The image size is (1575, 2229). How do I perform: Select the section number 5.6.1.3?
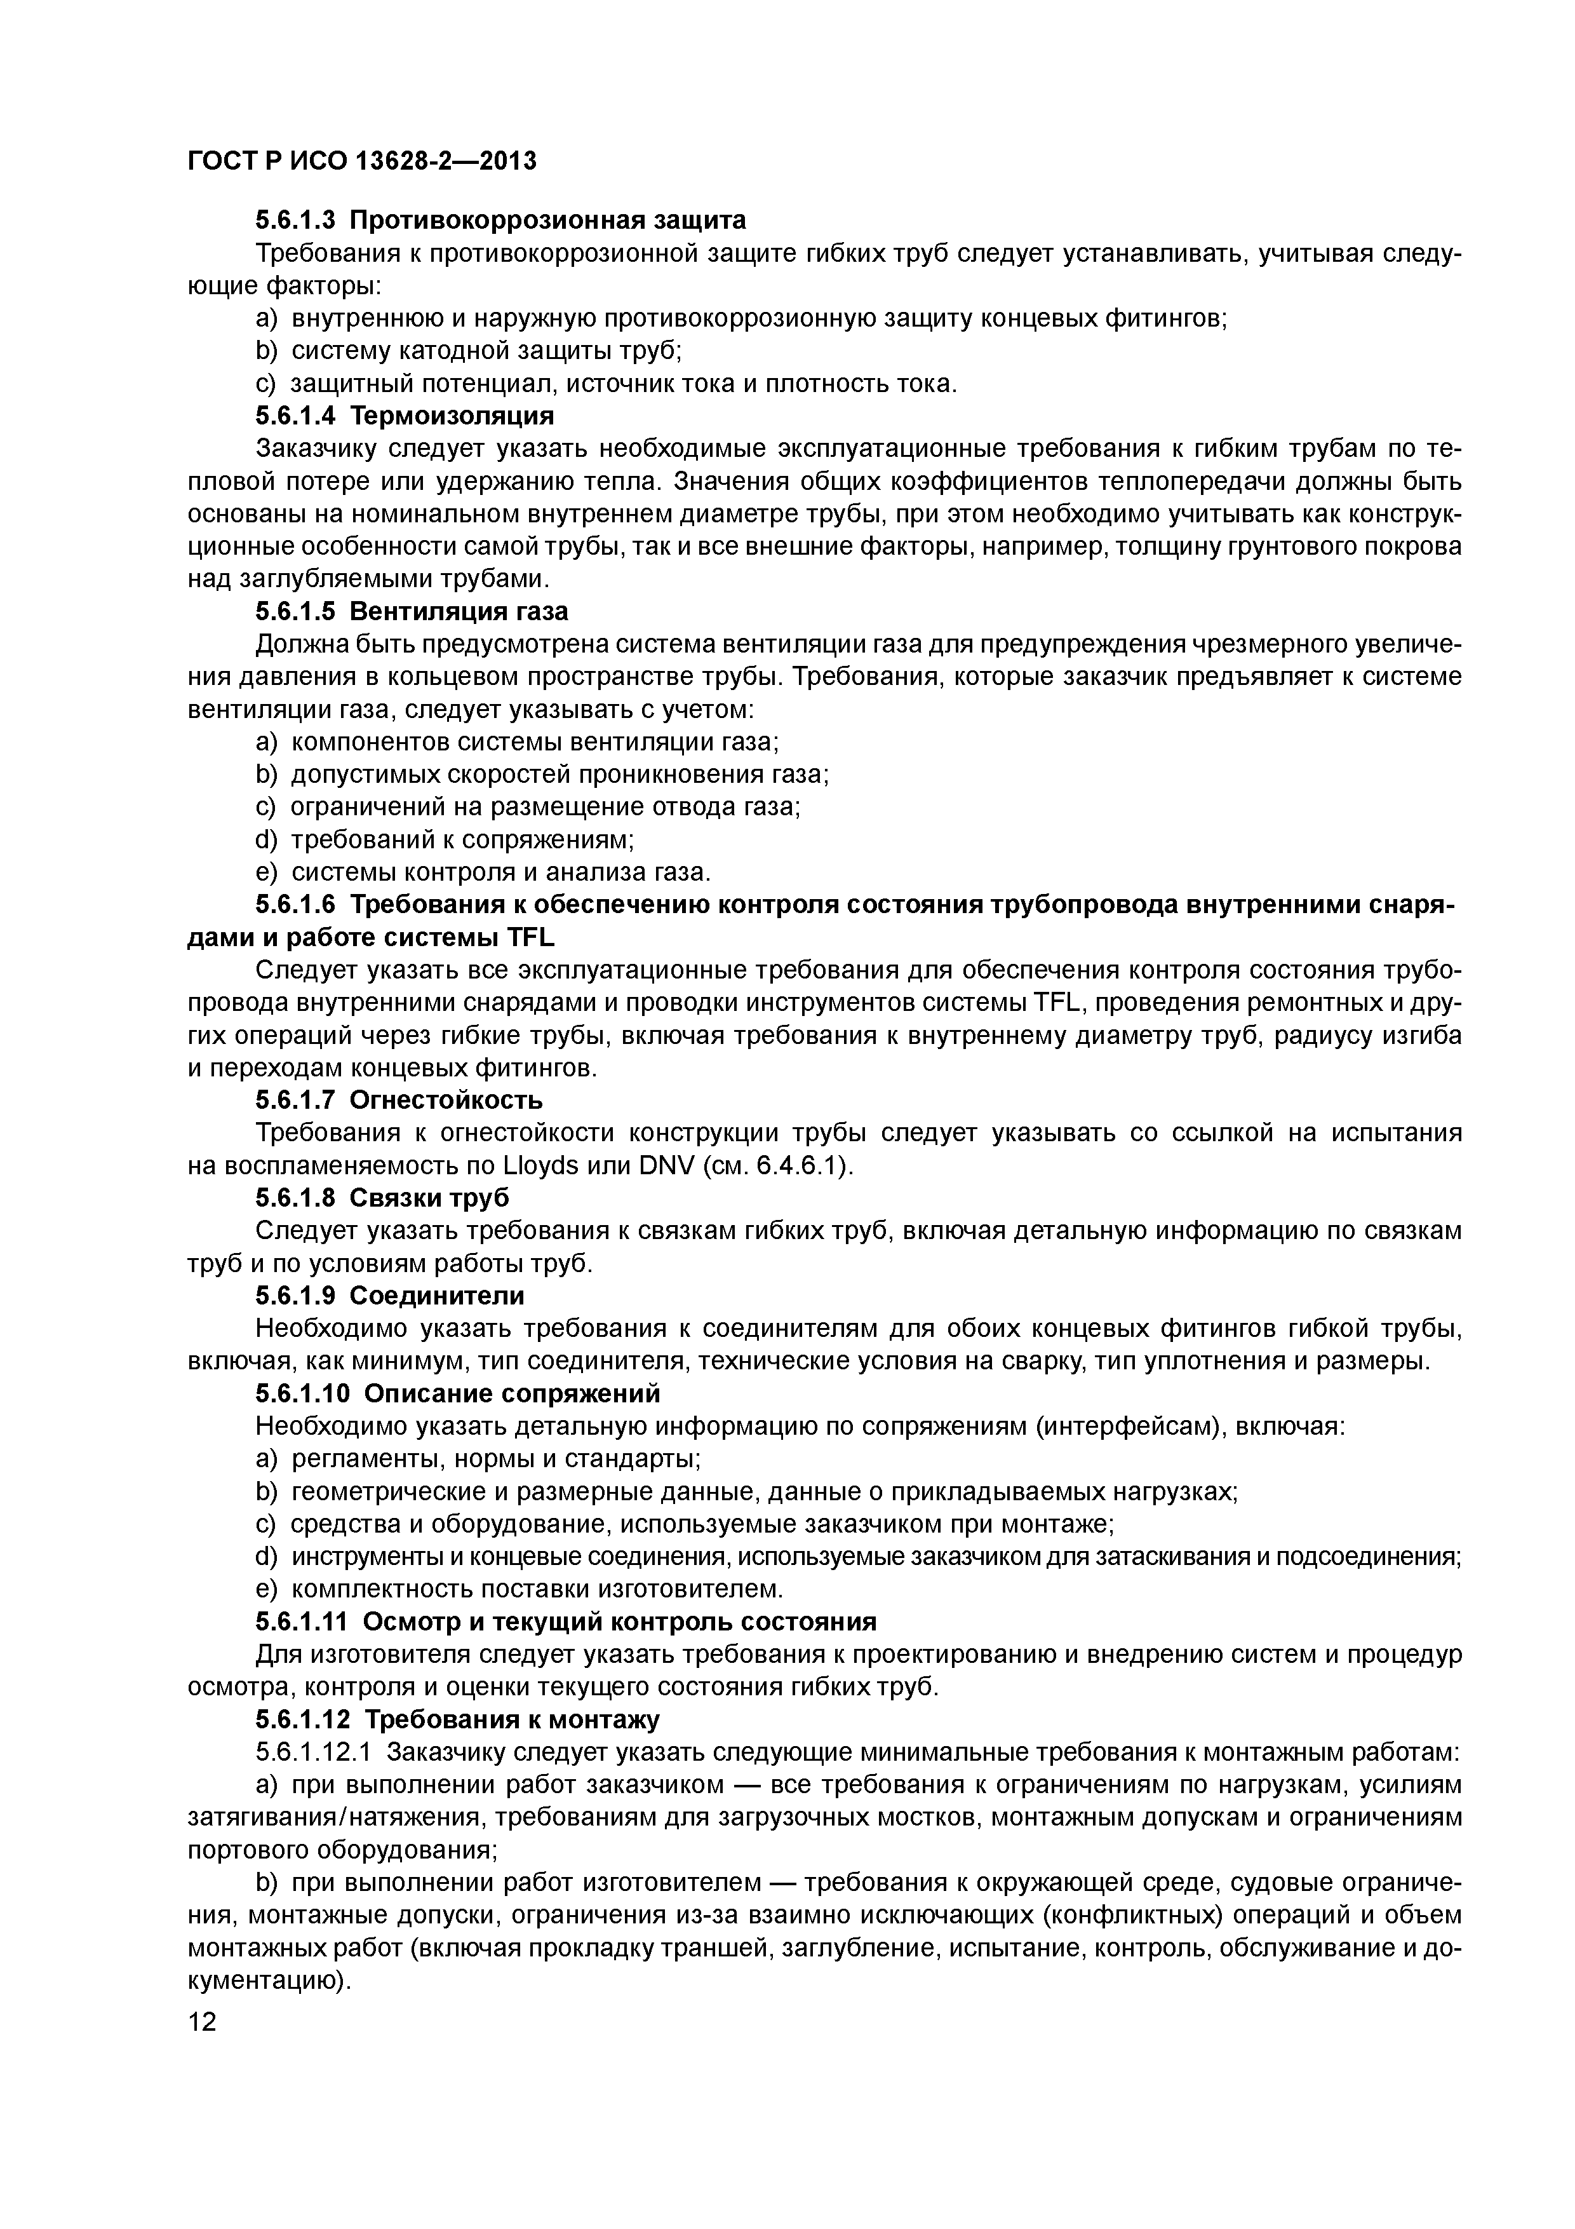(x=295, y=220)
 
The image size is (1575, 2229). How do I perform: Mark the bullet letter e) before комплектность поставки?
(x=266, y=1589)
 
